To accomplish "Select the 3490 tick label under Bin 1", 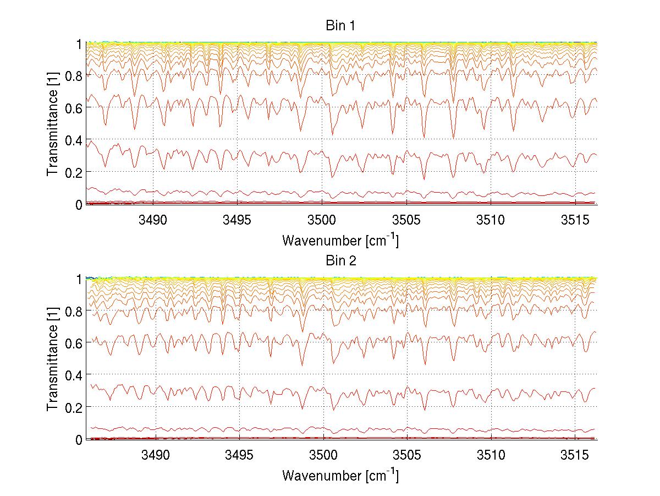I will [x=153, y=220].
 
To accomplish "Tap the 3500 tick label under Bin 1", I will [x=322, y=220].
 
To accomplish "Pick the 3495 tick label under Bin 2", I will [x=239, y=455].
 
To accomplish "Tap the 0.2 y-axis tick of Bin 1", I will [x=73, y=172].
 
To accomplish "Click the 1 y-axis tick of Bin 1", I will [x=79, y=43].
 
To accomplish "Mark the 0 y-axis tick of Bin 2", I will [x=79, y=439].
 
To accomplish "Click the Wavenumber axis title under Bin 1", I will [x=340, y=240].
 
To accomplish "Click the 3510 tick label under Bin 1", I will [x=491, y=220].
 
